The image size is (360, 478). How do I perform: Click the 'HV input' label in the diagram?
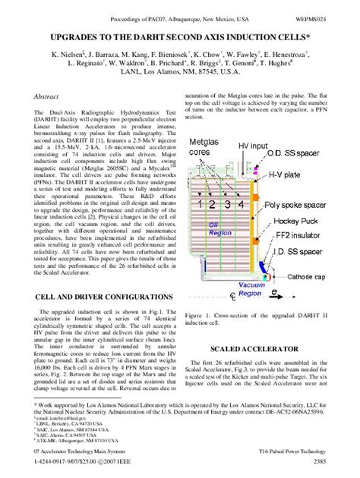point(252,145)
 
